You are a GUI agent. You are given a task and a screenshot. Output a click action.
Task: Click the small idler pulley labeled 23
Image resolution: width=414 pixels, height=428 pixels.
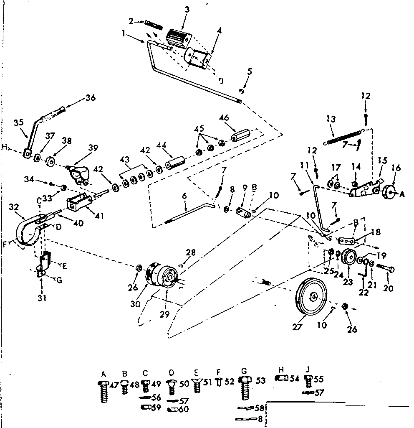coord(347,257)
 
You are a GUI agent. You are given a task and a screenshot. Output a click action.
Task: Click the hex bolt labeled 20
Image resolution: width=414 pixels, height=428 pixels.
coord(386,267)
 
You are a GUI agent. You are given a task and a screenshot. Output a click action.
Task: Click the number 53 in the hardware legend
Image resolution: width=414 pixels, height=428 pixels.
coord(261,380)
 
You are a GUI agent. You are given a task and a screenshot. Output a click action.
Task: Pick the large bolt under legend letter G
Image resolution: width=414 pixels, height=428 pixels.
coord(245,388)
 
